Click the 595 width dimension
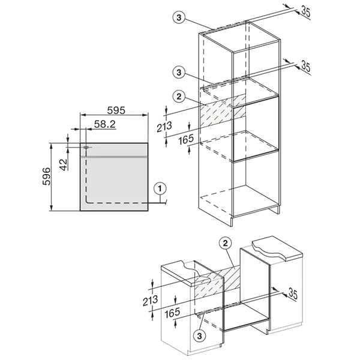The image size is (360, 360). (x=116, y=110)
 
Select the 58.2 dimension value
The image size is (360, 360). (x=104, y=124)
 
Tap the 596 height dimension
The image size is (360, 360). (x=46, y=176)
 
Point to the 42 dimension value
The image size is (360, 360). (x=64, y=164)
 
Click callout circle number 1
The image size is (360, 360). (x=160, y=189)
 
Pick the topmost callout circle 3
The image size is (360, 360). (x=179, y=17)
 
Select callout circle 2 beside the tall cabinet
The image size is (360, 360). (x=179, y=97)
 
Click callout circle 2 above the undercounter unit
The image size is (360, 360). (x=225, y=243)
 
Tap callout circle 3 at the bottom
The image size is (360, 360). (x=199, y=336)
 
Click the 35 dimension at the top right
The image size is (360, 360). (x=305, y=12)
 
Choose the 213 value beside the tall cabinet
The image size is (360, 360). (x=164, y=127)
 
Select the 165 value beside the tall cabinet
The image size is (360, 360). (x=186, y=139)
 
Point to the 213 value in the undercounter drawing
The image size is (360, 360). (x=150, y=301)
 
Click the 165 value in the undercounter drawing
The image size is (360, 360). (x=172, y=313)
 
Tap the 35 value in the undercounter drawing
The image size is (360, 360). (x=293, y=293)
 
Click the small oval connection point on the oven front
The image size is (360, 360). (x=86, y=147)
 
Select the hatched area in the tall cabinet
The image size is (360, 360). (x=223, y=111)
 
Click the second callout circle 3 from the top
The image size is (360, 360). (x=179, y=73)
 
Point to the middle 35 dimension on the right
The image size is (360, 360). (x=305, y=66)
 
